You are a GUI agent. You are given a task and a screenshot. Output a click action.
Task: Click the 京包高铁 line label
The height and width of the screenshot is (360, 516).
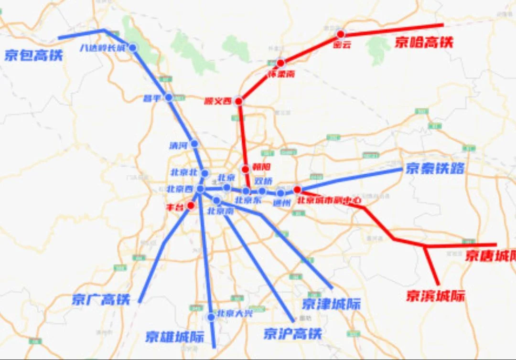(33, 55)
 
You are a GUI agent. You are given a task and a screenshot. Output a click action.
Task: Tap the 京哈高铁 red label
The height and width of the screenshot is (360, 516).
(423, 42)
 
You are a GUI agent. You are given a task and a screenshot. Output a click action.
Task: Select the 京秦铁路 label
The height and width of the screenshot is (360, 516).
(435, 168)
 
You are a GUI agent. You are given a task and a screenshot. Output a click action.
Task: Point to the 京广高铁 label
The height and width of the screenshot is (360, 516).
(101, 299)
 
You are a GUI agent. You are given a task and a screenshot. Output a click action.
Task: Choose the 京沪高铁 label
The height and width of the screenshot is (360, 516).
(292, 334)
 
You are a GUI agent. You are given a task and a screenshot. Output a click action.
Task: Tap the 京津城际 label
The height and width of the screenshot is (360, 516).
(331, 304)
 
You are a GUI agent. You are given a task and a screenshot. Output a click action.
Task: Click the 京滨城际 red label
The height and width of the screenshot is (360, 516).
(435, 296)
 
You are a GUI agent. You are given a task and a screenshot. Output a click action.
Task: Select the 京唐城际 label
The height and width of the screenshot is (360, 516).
(490, 256)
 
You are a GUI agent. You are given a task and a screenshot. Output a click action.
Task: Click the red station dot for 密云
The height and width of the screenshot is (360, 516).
(340, 34)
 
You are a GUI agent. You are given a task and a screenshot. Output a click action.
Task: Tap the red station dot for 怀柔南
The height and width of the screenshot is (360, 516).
(281, 63)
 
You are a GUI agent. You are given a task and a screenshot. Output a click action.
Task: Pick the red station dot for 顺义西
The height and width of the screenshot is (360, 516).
(238, 101)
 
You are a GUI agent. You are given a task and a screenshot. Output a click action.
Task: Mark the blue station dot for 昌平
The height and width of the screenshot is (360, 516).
(169, 97)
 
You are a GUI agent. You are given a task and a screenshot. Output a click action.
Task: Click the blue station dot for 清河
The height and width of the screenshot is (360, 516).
(194, 143)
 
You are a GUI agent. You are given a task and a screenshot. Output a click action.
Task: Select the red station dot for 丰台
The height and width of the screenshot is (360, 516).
(191, 206)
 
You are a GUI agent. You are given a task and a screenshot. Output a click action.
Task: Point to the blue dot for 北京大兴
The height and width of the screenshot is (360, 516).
(211, 317)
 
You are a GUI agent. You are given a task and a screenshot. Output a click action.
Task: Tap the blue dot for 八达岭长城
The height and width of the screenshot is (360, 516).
(133, 47)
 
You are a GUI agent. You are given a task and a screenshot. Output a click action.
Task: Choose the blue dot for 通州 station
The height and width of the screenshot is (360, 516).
(280, 193)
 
